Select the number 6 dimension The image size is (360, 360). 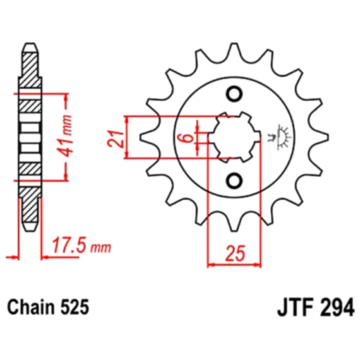[x=183, y=138]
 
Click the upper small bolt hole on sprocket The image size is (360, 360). [x=235, y=94]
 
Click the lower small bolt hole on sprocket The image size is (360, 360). [x=235, y=180]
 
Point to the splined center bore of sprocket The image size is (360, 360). [x=235, y=136]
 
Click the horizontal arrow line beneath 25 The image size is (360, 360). [x=235, y=264]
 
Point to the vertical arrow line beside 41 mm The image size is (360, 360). [x=67, y=135]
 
